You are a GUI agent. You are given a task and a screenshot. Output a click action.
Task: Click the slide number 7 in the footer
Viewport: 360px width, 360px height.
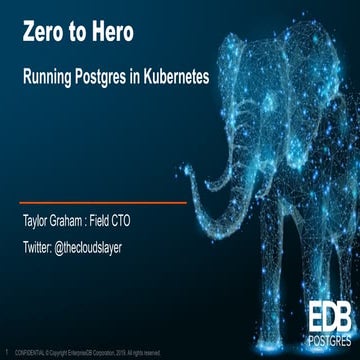7,351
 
